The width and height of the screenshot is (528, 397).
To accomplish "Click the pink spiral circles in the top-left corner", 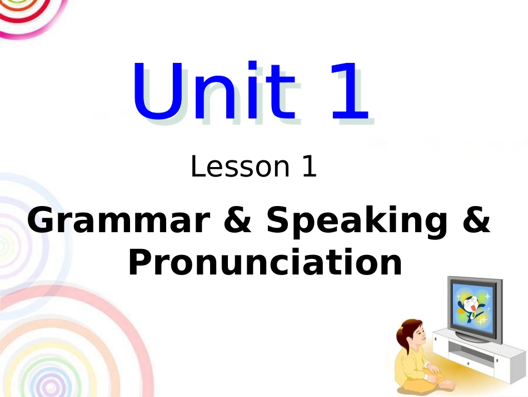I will coord(28,14).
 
